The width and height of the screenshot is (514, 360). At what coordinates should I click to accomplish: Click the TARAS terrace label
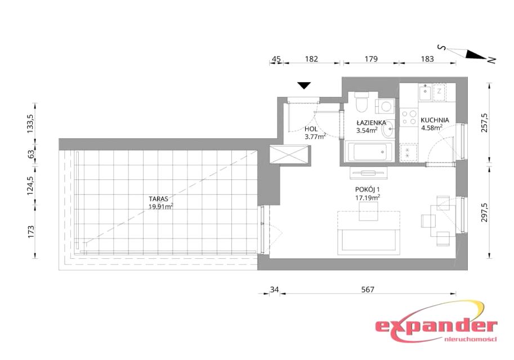(158, 199)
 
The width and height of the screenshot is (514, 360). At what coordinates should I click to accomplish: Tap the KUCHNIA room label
(435, 120)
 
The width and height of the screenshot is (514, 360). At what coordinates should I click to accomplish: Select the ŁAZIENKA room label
(372, 123)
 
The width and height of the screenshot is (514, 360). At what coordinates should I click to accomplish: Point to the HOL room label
(311, 129)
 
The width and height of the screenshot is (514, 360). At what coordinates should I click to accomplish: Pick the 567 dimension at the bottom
(368, 290)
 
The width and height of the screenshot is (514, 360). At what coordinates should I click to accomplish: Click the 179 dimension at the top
(371, 59)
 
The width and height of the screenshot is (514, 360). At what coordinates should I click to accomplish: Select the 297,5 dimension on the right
(485, 212)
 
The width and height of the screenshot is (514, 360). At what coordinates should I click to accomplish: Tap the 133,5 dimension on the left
(30, 123)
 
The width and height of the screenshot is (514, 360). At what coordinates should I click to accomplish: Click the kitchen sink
(426, 93)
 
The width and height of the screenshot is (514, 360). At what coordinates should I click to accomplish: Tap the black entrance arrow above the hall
(304, 85)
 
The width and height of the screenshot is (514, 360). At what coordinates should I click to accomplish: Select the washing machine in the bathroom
(386, 106)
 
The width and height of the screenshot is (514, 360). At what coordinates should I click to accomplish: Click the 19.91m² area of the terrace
(160, 206)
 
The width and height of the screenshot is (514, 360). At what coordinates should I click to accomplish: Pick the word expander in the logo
(436, 326)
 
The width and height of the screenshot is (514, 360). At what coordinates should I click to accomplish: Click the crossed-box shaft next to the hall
(289, 154)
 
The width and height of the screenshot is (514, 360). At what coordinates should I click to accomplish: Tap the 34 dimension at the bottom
(274, 290)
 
